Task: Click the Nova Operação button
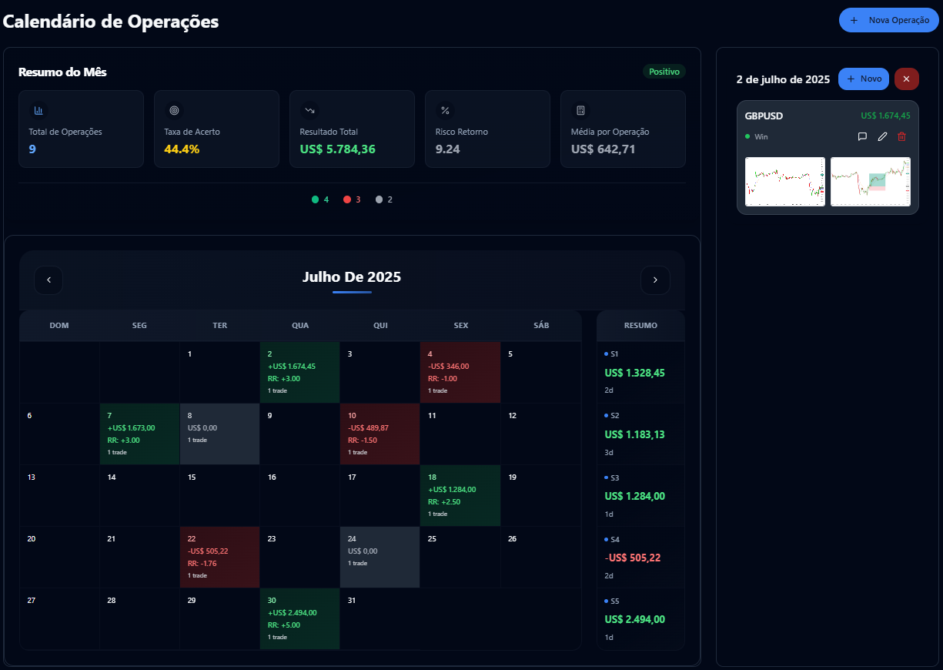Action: click(x=889, y=20)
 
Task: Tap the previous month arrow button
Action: click(x=48, y=280)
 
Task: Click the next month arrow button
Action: click(x=655, y=280)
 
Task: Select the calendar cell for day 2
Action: click(x=300, y=372)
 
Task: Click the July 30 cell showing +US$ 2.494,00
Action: click(x=300, y=618)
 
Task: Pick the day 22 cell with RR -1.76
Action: click(x=220, y=557)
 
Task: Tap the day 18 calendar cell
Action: click(x=460, y=495)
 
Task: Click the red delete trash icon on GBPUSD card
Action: click(x=902, y=136)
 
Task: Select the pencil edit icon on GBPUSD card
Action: click(x=882, y=136)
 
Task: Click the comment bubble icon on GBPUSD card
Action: click(x=862, y=136)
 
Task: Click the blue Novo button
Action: click(x=864, y=79)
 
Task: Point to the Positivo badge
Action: click(x=664, y=72)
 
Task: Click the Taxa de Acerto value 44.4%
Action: click(x=182, y=149)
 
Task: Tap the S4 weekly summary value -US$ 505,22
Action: click(x=633, y=558)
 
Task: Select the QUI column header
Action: click(x=380, y=326)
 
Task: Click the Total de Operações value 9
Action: click(x=32, y=149)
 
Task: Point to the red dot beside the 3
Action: click(x=347, y=199)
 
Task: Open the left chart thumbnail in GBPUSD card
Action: click(x=784, y=182)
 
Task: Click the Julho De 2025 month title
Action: click(x=352, y=277)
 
